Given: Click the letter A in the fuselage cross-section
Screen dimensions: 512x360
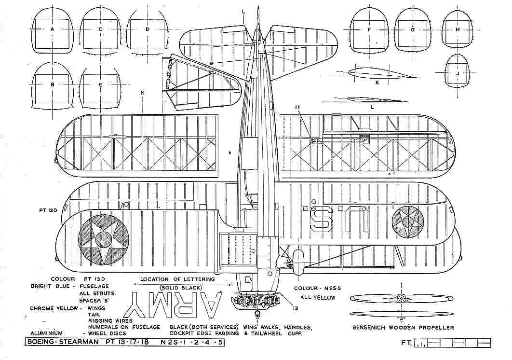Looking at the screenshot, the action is [x=52, y=29].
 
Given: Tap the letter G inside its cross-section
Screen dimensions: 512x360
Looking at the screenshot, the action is [x=412, y=29].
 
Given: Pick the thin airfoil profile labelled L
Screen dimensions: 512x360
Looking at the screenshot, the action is [x=372, y=99].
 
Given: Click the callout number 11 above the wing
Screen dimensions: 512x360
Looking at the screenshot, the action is [x=297, y=107].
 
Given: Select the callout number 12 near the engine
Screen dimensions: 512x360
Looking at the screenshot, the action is [x=296, y=308].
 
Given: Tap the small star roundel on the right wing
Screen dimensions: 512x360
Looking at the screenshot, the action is [x=408, y=222].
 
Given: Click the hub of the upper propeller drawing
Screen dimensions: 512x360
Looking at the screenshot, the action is [x=401, y=298].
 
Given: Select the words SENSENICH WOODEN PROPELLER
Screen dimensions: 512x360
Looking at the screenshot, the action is [x=403, y=327].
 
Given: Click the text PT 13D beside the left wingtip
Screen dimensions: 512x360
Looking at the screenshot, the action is [x=48, y=210].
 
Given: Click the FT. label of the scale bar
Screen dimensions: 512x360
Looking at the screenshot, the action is [x=406, y=343].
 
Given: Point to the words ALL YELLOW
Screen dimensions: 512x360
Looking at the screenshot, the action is [x=318, y=298].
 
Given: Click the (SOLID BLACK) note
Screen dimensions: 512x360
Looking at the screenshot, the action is [x=181, y=288].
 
